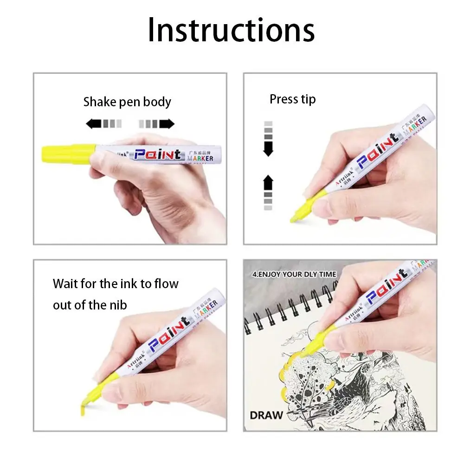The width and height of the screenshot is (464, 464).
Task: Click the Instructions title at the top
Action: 231,30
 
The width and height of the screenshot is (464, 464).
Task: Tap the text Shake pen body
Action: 127,102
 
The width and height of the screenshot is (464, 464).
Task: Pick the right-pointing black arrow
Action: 167,123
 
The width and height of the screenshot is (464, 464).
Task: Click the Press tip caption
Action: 292,99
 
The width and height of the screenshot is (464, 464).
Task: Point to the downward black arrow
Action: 268,149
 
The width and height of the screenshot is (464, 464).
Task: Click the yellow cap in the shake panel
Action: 68,154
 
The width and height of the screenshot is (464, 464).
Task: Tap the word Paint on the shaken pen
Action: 157,154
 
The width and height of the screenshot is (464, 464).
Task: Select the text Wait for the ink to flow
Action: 116,284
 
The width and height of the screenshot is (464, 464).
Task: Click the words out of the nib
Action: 90,304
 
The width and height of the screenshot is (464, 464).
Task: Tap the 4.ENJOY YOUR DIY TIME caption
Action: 294,274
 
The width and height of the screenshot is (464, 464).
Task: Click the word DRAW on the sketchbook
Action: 266,414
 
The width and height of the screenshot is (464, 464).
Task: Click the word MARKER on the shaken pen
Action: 200,159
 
